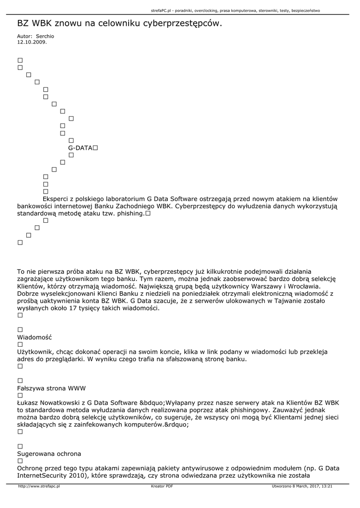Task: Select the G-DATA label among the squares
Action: [x=80, y=148]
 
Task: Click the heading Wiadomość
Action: [x=34, y=337]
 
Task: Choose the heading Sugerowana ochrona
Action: [x=49, y=453]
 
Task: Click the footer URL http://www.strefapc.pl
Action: [x=39, y=486]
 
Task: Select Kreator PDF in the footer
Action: [x=162, y=486]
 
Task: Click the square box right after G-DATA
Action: [x=95, y=148]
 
